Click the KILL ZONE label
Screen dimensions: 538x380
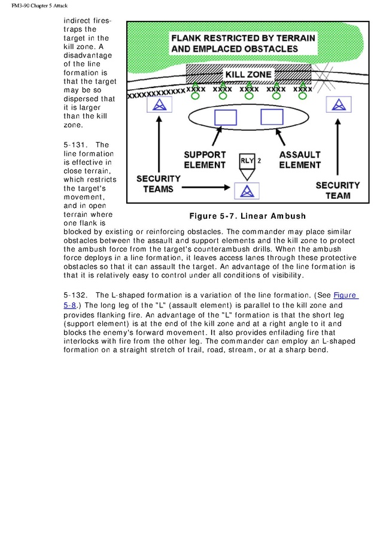(x=248, y=75)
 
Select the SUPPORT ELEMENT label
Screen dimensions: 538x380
(x=205, y=159)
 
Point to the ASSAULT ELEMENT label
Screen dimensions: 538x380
(x=300, y=159)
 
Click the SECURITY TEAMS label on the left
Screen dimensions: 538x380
(x=158, y=183)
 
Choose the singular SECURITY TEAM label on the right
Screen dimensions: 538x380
(x=338, y=190)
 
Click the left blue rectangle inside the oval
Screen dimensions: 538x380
(x=226, y=117)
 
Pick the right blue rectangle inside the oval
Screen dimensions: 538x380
(x=272, y=117)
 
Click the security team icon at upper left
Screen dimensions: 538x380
(x=159, y=105)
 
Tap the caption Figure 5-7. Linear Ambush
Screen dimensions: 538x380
(x=247, y=216)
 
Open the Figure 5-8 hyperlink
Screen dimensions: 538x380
(x=345, y=295)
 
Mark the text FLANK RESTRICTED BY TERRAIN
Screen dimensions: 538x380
(x=243, y=38)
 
